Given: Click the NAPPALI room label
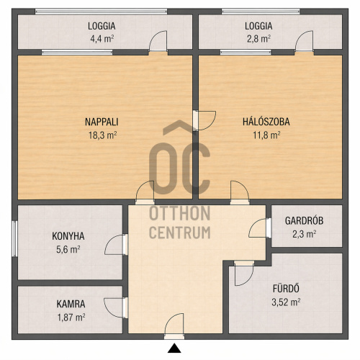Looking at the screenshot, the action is [102, 122].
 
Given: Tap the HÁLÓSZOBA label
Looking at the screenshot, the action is [266, 122].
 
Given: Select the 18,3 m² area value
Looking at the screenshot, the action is [103, 135].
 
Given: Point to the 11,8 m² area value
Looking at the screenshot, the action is [266, 135].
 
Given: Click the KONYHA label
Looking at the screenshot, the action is [68, 236].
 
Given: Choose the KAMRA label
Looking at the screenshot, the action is [71, 304].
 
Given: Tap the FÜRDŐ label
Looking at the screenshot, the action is [286, 289].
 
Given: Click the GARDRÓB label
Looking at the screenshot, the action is [304, 220].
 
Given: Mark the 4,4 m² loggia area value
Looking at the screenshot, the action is [102, 39].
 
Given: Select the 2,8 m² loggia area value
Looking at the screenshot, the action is [258, 39].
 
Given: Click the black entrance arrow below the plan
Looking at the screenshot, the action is [174, 348].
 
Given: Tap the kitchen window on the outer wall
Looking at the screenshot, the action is [14, 238].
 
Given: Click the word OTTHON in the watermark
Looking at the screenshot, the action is [180, 213].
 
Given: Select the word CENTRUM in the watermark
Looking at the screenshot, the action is [180, 232].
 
